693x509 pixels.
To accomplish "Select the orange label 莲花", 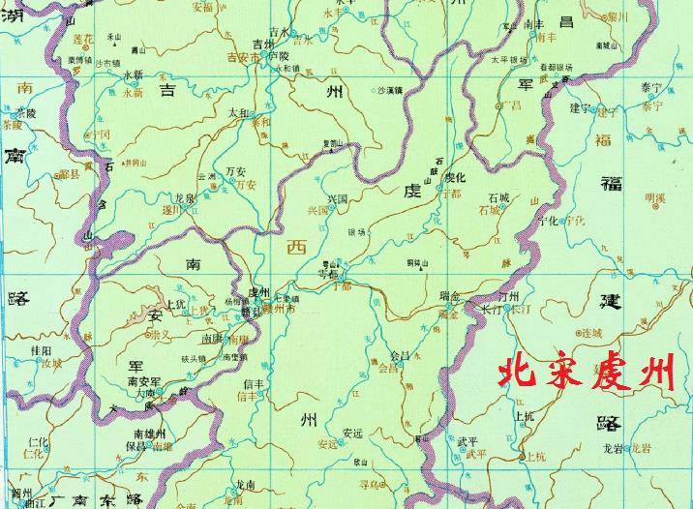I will (82, 38).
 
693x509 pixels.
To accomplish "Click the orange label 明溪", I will (655, 199).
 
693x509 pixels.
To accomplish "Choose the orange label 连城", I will (590, 332).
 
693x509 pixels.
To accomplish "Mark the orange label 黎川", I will (617, 17).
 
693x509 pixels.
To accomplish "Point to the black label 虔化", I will (454, 178).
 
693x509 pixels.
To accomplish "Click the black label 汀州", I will (507, 296).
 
